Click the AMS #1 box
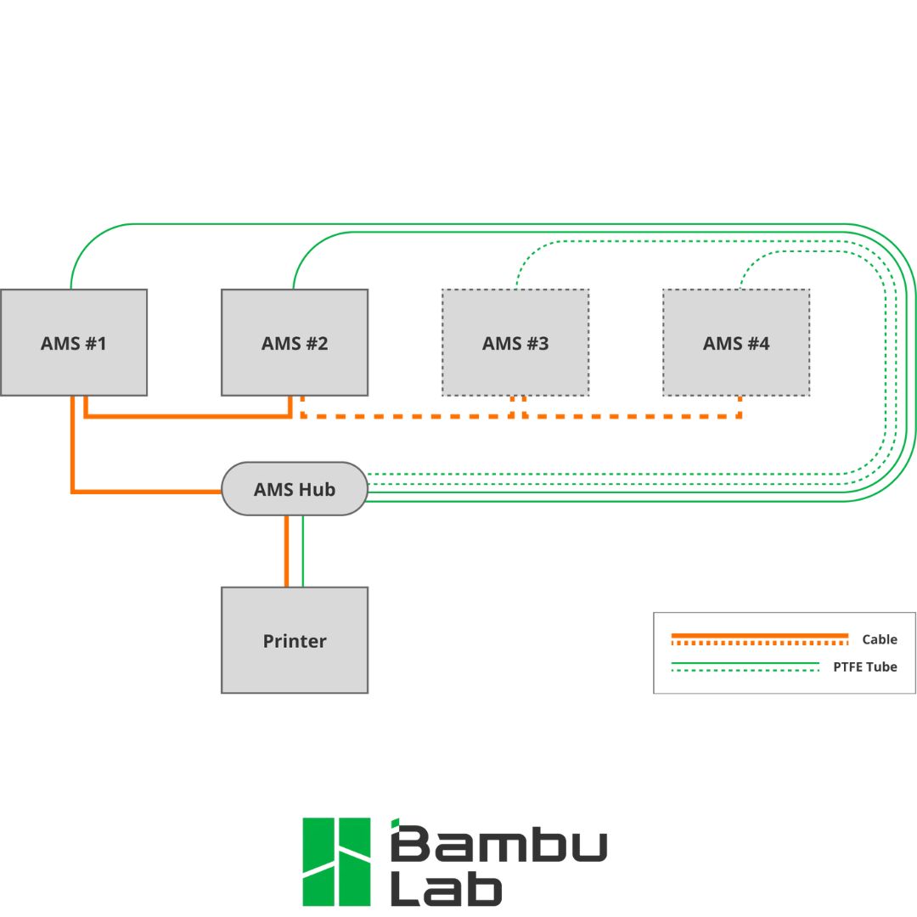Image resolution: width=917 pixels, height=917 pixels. pyautogui.click(x=74, y=342)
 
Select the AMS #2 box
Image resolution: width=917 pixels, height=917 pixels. pyautogui.click(x=295, y=342)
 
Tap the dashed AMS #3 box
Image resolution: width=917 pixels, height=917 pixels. pyautogui.click(x=515, y=342)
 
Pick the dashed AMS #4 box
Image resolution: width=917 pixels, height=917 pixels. pyautogui.click(x=736, y=342)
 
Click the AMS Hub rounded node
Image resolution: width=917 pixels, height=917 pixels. pyautogui.click(x=295, y=489)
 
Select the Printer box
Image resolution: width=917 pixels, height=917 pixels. pyautogui.click(x=295, y=640)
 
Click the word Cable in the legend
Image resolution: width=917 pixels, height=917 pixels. pyautogui.click(x=879, y=639)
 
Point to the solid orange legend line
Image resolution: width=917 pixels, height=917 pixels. pyautogui.click(x=759, y=634)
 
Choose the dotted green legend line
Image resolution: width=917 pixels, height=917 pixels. pyautogui.click(x=745, y=671)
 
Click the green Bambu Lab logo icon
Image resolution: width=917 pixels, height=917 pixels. pyautogui.click(x=337, y=861)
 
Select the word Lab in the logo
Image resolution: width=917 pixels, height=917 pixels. pyautogui.click(x=446, y=889)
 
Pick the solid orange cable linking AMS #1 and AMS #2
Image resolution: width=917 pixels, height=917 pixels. pyautogui.click(x=187, y=416)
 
